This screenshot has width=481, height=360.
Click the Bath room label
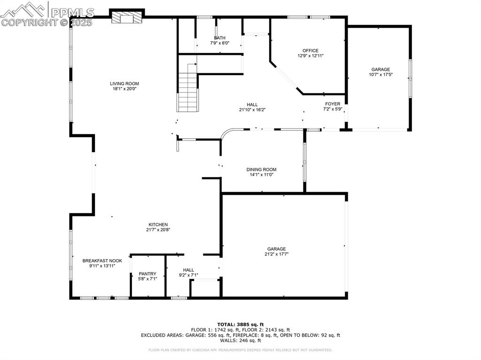click(219, 38)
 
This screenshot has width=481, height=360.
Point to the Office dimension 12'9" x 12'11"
click(310, 56)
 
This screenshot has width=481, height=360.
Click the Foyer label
click(333, 104)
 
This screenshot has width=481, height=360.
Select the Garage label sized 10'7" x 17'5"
click(380, 69)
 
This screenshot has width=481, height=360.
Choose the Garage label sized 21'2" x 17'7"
click(276, 249)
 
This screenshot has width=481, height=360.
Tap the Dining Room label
click(261, 169)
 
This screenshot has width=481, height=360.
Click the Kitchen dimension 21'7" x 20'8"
click(158, 230)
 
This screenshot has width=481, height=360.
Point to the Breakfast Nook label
click(102, 260)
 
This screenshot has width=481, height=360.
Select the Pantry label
click(147, 274)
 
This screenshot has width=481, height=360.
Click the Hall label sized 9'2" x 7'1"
click(188, 270)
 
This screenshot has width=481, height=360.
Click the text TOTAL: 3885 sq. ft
click(240, 324)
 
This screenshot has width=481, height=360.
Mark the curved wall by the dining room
click(227, 134)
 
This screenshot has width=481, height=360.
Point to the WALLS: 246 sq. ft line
click(240, 341)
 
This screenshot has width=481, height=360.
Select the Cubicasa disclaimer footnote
click(240, 350)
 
